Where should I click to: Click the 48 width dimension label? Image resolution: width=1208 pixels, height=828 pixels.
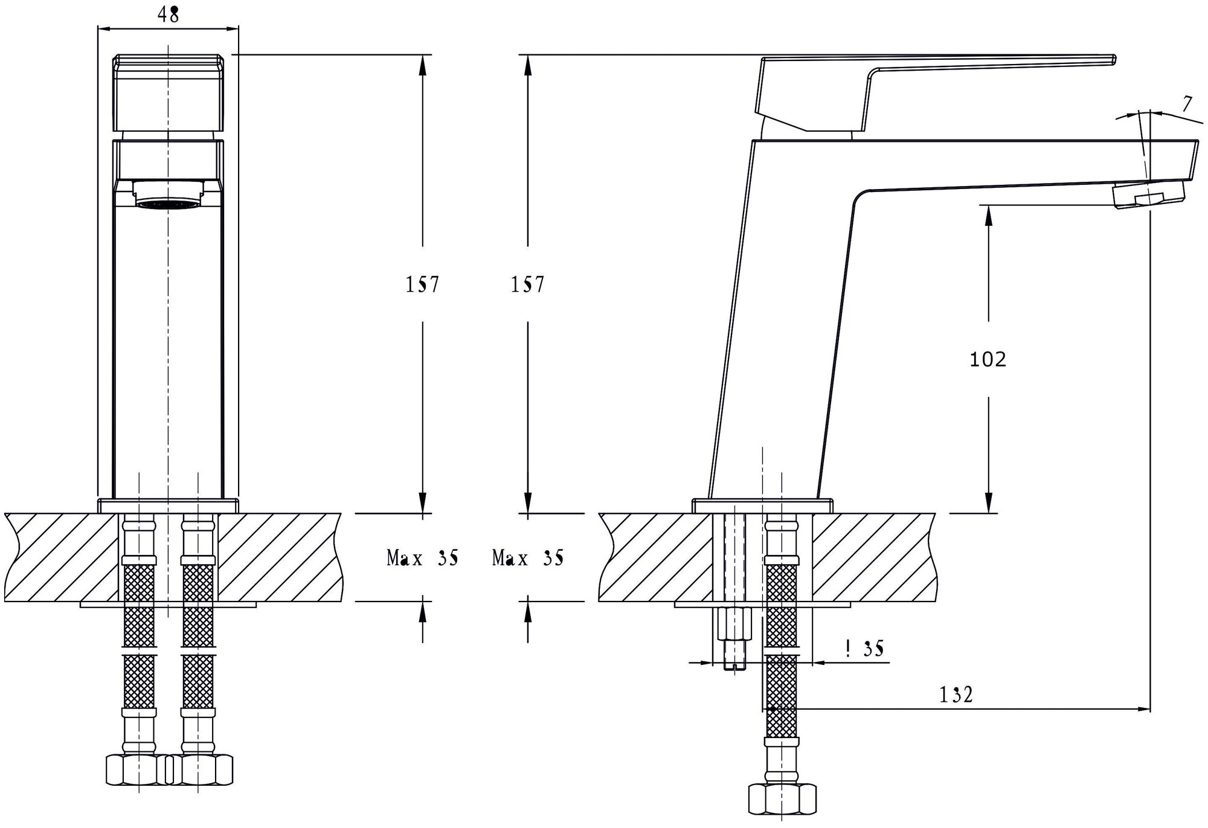pos(169,14)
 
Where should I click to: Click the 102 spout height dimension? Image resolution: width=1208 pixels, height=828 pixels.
pos(988,359)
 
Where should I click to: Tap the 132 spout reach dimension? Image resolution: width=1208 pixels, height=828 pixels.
pos(956,695)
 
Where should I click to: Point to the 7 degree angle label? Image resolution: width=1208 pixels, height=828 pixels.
pos(1187,104)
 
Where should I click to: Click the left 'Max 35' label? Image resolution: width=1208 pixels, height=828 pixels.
pos(422,558)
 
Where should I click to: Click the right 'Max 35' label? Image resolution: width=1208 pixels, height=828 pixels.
pos(528,558)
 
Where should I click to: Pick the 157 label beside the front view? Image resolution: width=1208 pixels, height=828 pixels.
pos(422,284)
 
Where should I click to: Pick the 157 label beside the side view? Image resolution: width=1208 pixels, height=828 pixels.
pos(528,284)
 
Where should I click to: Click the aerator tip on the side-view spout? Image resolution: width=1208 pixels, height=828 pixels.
pos(1149,196)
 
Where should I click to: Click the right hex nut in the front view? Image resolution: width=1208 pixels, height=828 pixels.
pos(199,769)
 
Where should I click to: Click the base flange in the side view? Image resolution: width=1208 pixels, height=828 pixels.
pos(762,506)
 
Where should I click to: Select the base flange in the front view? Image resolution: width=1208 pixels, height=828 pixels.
pos(168,506)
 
